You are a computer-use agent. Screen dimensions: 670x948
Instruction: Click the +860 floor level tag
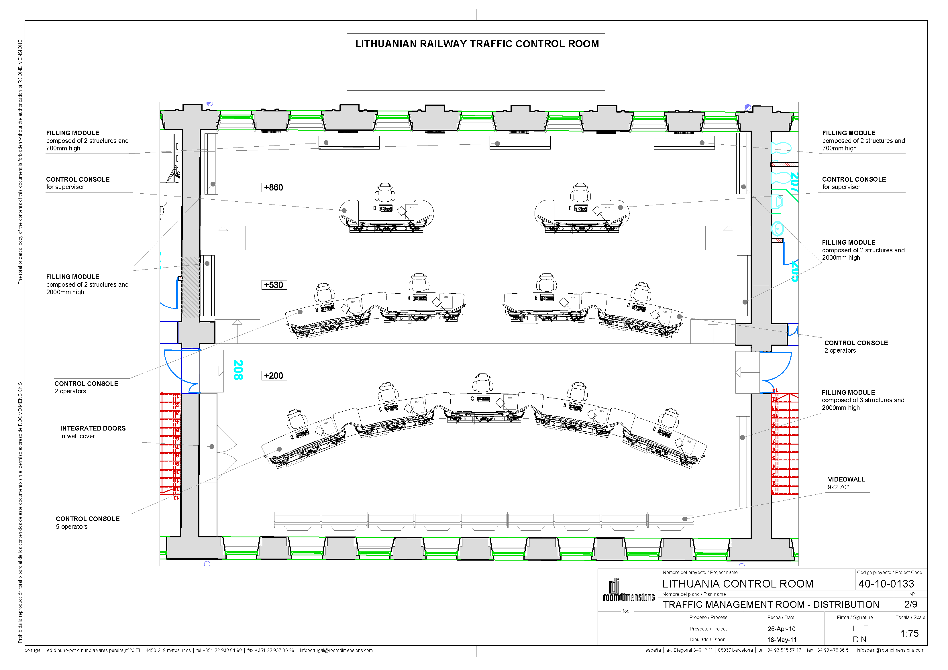tap(274, 187)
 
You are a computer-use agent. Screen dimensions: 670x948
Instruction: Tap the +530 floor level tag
tap(274, 285)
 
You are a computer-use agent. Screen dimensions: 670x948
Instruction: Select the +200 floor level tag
tap(274, 376)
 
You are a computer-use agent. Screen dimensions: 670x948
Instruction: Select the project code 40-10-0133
tap(886, 584)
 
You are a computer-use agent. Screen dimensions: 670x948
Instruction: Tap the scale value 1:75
tap(909, 634)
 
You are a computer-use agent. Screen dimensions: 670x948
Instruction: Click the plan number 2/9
tap(910, 604)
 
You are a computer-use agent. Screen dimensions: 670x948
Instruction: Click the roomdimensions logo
tap(629, 591)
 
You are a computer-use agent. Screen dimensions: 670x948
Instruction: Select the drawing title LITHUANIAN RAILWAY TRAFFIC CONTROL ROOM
tap(477, 44)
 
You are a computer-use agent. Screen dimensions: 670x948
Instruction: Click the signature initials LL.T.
tap(861, 629)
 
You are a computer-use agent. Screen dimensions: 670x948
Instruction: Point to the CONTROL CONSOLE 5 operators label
tap(88, 523)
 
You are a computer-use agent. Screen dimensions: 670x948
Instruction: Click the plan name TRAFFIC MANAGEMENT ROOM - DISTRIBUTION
tap(770, 605)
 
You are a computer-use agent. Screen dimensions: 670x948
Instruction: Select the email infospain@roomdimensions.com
tap(890, 650)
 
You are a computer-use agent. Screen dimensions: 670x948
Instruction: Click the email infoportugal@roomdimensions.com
tap(336, 651)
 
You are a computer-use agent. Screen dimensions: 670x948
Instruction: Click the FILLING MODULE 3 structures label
tap(863, 400)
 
